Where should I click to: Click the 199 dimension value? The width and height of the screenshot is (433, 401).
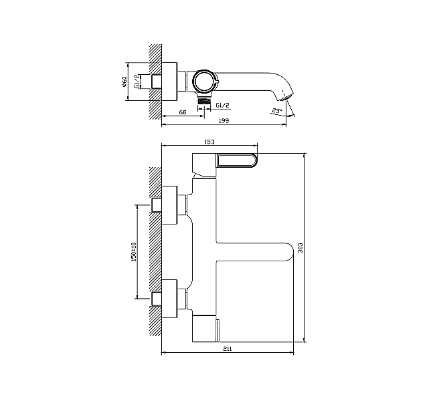tap(224, 121)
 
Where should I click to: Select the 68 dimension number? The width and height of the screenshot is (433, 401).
tap(183, 112)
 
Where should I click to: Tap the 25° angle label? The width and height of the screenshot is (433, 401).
tap(277, 111)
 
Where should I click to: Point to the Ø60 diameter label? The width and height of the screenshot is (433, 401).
tap(124, 82)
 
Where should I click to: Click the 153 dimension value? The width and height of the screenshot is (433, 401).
tap(209, 142)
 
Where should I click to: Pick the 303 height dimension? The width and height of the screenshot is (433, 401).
tap(300, 248)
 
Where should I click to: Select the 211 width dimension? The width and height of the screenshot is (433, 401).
tap(228, 349)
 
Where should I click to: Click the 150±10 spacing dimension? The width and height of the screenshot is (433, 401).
tap(135, 252)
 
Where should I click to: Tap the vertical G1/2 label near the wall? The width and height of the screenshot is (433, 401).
tap(137, 82)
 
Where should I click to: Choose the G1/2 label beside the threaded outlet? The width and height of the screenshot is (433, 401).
tap(222, 105)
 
